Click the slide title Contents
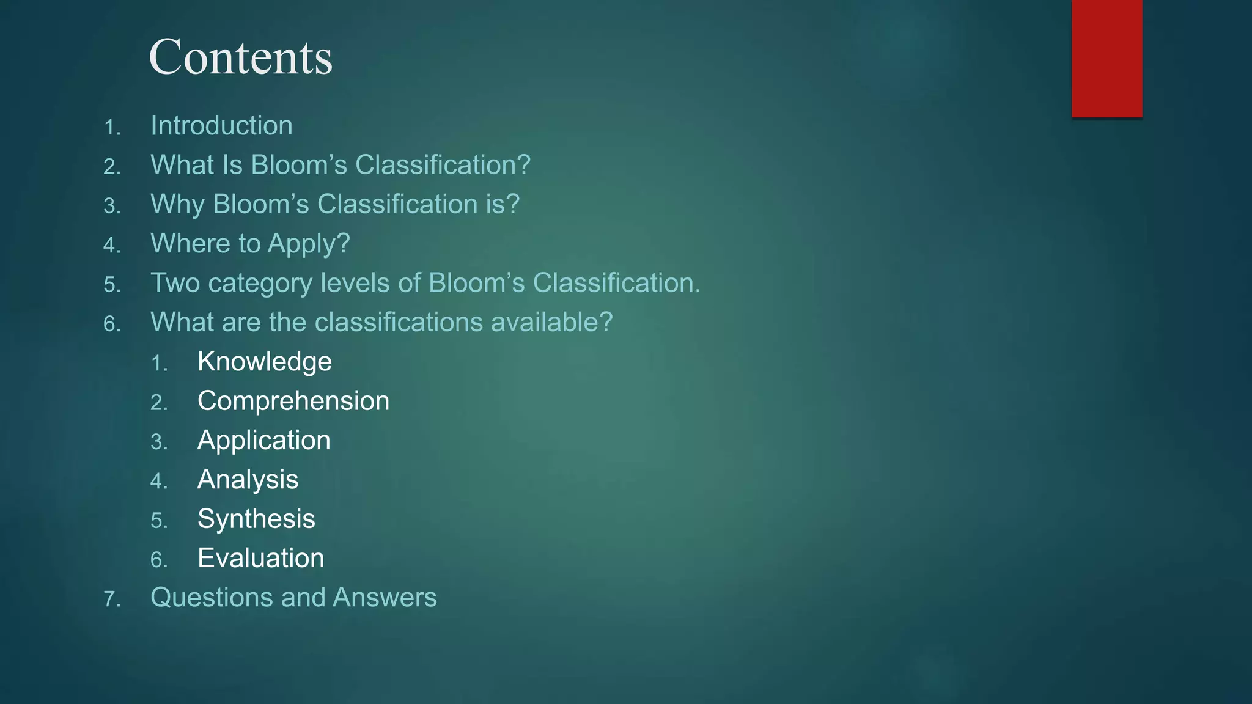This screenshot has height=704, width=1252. tap(240, 57)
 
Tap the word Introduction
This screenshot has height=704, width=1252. tap(221, 126)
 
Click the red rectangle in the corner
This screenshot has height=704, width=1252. tap(1107, 58)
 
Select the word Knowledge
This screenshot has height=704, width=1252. tap(264, 362)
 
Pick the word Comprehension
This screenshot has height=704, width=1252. tap(293, 402)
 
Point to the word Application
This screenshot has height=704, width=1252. tap(263, 441)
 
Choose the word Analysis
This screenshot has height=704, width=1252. tap(248, 480)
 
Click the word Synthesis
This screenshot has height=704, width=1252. tap(256, 519)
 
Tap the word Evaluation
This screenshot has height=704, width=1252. tap(260, 559)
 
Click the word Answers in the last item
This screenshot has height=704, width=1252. tap(385, 598)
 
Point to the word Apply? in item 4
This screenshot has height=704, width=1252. tap(309, 244)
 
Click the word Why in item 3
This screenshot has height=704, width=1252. tap(177, 205)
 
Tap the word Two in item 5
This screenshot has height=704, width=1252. tap(175, 283)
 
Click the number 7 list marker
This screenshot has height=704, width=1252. tap(112, 599)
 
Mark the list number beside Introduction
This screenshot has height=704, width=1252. tap(112, 128)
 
